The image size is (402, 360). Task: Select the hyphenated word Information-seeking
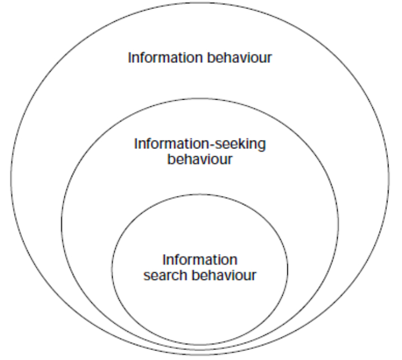tap(200, 144)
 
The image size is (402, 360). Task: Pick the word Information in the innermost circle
tap(199, 261)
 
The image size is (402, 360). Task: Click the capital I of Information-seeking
tap(136, 144)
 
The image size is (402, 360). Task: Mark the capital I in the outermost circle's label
tap(130, 58)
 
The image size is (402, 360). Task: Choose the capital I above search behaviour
tap(164, 261)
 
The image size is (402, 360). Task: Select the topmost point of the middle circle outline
tap(200, 101)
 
